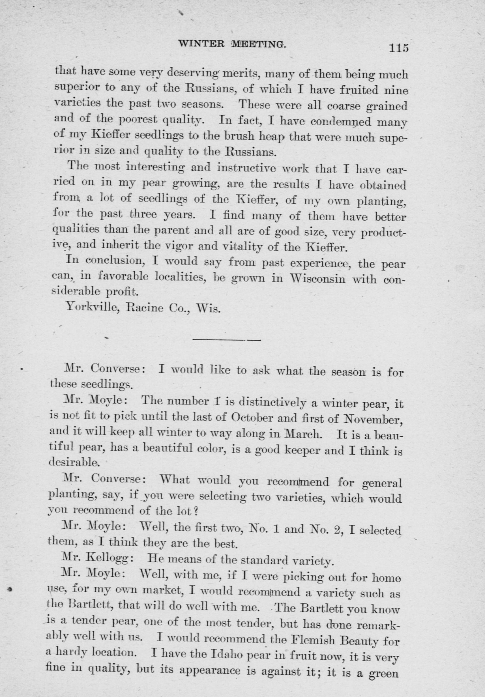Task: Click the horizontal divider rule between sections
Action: point(227,340)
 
